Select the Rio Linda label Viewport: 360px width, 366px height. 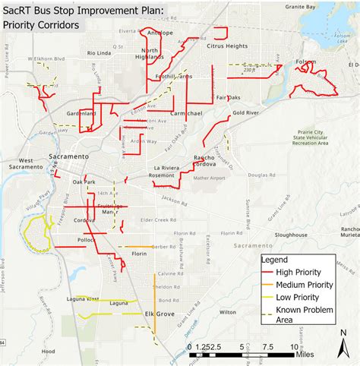(99, 53)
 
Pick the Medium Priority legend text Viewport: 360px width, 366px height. (315, 284)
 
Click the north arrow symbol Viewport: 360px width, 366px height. (343, 341)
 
